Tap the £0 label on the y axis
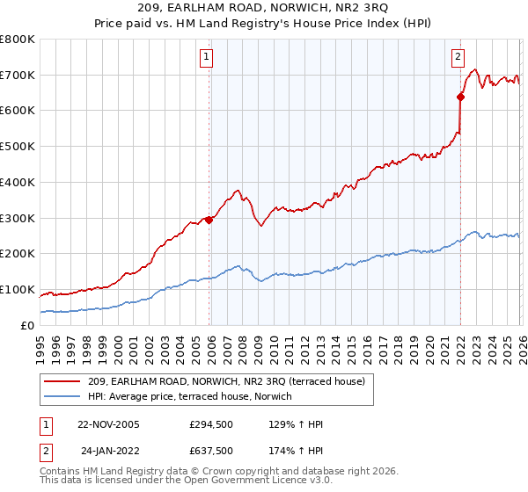[26, 325]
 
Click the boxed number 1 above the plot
[206, 58]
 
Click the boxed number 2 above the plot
[458, 58]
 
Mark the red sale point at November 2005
[209, 220]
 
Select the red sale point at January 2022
[460, 97]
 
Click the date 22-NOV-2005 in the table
[111, 424]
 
